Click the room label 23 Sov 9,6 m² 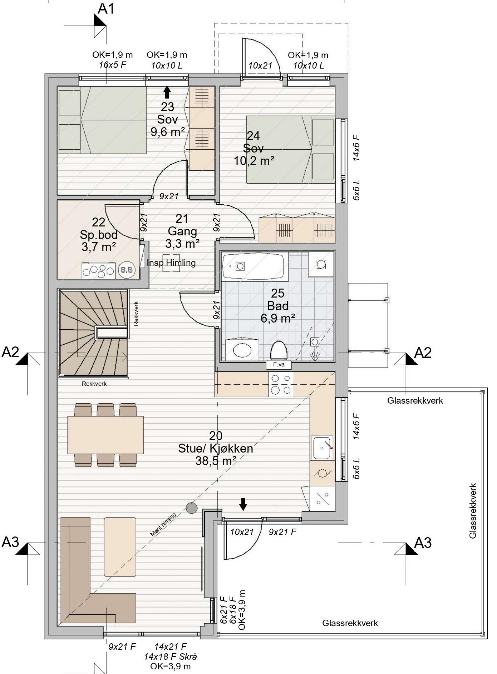[x=167, y=119]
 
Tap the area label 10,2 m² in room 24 [x=254, y=161]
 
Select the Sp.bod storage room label [x=99, y=234]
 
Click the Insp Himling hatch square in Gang [x=171, y=263]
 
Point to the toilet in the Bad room [x=279, y=350]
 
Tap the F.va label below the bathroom [x=279, y=365]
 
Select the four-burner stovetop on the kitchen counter [x=281, y=384]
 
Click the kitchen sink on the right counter [x=323, y=447]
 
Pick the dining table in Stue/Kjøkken [x=105, y=435]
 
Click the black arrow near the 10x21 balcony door [x=243, y=504]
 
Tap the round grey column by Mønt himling [x=192, y=508]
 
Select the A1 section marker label [x=106, y=9]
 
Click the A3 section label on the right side [x=423, y=543]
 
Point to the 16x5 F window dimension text [x=113, y=65]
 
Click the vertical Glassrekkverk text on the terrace [x=473, y=511]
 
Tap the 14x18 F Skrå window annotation [x=171, y=656]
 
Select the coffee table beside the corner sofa [x=120, y=546]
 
